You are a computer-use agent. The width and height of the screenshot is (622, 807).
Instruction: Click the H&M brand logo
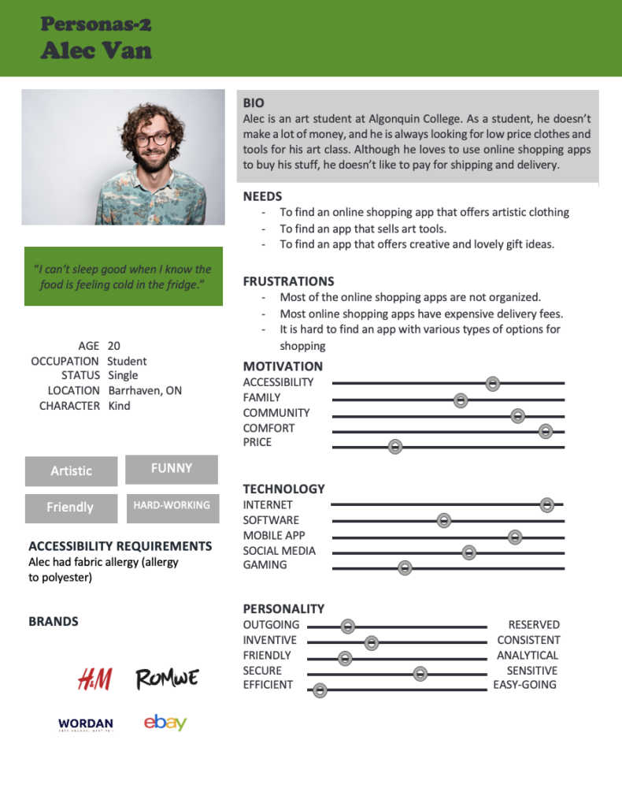(x=94, y=679)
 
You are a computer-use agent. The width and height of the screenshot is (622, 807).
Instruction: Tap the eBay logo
(x=165, y=722)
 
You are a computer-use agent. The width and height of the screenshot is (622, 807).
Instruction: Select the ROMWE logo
(x=167, y=679)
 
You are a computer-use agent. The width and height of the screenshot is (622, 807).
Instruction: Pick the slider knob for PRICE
(x=395, y=447)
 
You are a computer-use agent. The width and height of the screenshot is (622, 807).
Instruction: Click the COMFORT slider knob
(x=546, y=431)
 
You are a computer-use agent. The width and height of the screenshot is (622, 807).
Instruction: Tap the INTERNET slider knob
(x=547, y=505)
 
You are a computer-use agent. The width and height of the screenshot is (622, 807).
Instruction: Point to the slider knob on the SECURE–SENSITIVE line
(x=420, y=673)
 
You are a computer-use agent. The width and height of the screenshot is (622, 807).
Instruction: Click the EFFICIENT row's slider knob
(x=320, y=691)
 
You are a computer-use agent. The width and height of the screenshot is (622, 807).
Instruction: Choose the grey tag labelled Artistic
(x=71, y=471)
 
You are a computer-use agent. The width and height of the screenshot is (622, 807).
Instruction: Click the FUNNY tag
(x=172, y=469)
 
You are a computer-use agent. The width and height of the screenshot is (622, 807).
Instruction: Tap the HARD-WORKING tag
(x=172, y=505)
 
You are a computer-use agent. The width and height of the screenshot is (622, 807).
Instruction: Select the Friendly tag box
(x=70, y=508)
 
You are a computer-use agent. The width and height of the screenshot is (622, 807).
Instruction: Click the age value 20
(x=114, y=346)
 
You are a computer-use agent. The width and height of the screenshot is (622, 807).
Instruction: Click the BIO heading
(x=254, y=103)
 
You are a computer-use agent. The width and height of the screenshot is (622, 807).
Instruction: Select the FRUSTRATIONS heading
(x=288, y=281)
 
